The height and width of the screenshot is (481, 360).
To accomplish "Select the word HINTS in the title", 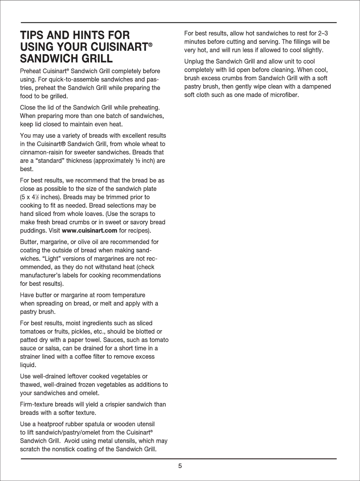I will [90, 35].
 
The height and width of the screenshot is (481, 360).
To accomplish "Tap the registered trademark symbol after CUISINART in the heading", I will [151, 44].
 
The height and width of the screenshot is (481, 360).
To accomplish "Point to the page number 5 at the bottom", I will [180, 466].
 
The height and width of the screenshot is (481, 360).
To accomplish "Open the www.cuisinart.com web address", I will [89, 230].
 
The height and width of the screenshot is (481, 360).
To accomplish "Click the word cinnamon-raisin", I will [42, 152].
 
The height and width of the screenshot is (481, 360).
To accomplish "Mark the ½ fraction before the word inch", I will [137, 161].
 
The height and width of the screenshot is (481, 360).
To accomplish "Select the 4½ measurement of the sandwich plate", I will [36, 197].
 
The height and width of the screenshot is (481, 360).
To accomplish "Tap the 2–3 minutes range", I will [323, 33].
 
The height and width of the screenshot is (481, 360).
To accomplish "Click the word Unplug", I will [194, 62].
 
